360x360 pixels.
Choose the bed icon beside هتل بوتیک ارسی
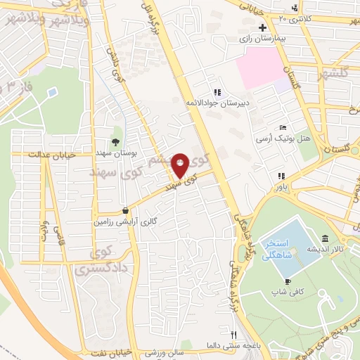click(283, 127)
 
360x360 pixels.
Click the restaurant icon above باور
click(281, 176)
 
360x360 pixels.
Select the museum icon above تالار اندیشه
click(324, 238)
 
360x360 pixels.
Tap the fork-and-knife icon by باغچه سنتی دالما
click(234, 335)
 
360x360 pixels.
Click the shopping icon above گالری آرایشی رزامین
click(125, 210)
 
